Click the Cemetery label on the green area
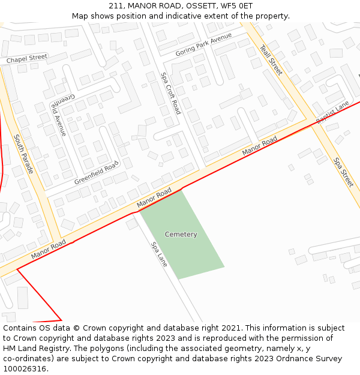point(181,235)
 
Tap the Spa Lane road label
point(159,254)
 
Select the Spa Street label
point(344,172)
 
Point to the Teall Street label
point(271,59)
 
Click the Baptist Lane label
point(332,113)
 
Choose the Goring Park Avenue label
point(203,45)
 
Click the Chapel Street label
point(27,58)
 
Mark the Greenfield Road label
point(97,173)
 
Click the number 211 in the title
point(116,5)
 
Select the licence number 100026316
point(25,369)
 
